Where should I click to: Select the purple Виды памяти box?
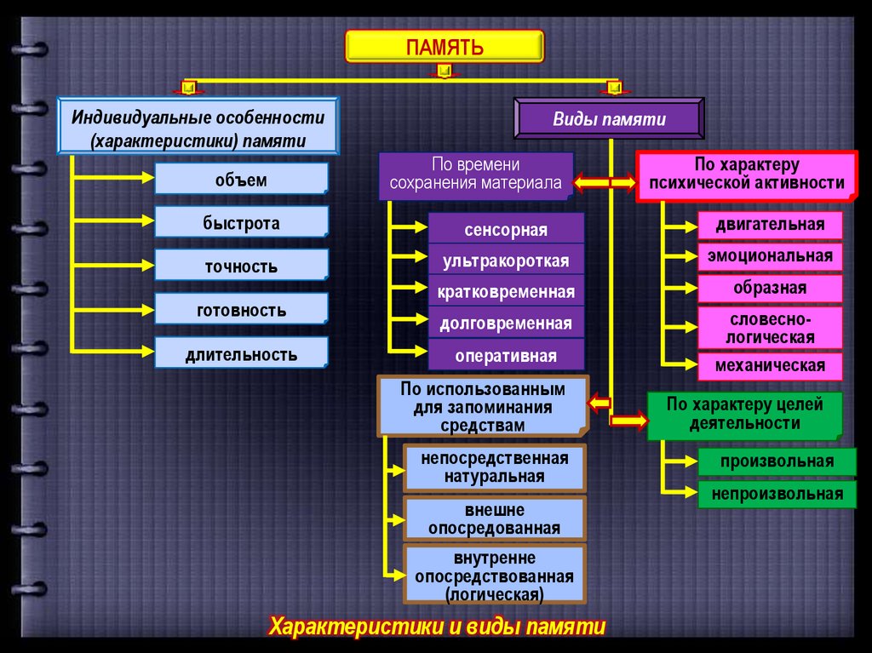click(x=608, y=118)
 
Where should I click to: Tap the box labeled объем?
click(x=241, y=180)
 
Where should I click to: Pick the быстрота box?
click(x=241, y=223)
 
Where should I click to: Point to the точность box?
click(x=241, y=266)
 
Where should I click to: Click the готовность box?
click(x=241, y=310)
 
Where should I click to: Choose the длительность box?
click(x=241, y=353)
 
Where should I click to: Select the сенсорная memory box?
click(x=506, y=229)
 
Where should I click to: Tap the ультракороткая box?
click(x=506, y=261)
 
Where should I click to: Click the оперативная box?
click(x=506, y=355)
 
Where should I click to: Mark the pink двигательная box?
click(x=770, y=225)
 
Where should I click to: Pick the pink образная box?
click(x=770, y=288)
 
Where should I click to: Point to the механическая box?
click(x=770, y=366)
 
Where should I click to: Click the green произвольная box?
click(x=777, y=461)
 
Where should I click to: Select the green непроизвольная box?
click(x=777, y=494)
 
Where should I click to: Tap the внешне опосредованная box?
click(x=494, y=518)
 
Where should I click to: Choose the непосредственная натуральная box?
click(x=494, y=467)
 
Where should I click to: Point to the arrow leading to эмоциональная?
click(x=680, y=255)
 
